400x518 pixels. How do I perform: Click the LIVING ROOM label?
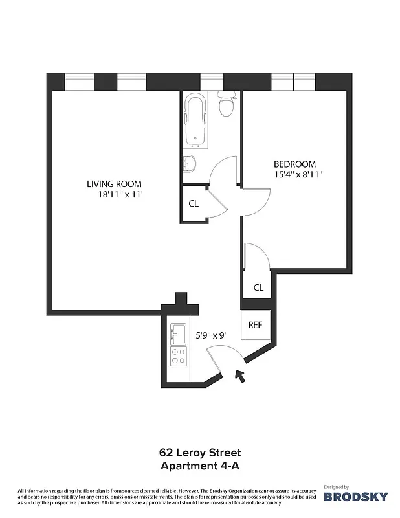click(114, 184)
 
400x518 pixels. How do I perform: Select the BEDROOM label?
click(294, 164)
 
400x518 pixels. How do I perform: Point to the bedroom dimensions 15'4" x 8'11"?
click(298, 174)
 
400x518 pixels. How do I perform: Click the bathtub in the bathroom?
click(195, 120)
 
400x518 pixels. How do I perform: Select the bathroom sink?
click(190, 163)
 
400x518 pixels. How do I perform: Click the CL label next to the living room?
click(193, 203)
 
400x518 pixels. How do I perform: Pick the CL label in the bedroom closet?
click(258, 287)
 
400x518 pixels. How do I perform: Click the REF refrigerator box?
click(256, 324)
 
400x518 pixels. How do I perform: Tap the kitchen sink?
click(178, 334)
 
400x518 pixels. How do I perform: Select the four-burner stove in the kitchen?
click(178, 356)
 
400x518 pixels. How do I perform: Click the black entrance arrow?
click(240, 376)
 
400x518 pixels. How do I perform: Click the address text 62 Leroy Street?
click(200, 453)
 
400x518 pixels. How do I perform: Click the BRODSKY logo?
click(356, 497)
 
